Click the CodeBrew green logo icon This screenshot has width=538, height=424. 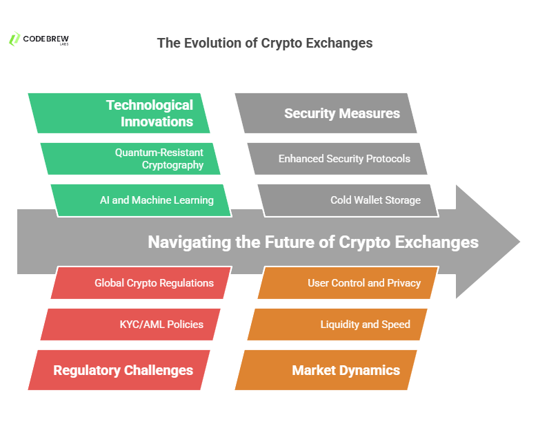coord(14,39)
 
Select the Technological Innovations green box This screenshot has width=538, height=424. coord(119,113)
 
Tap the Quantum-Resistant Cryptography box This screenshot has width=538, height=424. coord(130,159)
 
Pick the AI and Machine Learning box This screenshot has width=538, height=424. coord(141,200)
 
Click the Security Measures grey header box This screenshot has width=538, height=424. coord(326,113)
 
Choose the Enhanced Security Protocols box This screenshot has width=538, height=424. coord(337,159)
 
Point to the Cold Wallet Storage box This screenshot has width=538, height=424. coord(348,200)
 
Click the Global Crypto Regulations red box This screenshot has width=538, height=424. coord(141,282)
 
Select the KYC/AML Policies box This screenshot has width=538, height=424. coord(130,325)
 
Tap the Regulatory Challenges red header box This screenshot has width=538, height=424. coord(119,370)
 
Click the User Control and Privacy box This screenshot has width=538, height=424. coord(348,282)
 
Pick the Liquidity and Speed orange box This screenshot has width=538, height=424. coord(337,325)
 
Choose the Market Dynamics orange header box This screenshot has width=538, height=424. coord(326,370)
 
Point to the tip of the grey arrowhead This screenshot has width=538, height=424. coord(520,242)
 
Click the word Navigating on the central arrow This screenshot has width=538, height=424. coord(190,242)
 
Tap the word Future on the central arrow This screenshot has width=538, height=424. coord(290,242)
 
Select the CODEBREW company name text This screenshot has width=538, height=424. coord(46,39)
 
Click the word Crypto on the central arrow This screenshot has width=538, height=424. coord(364,242)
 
